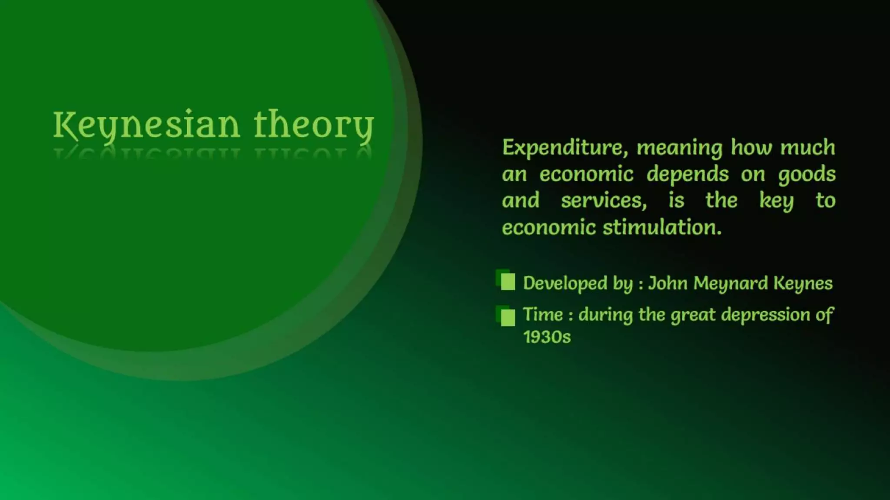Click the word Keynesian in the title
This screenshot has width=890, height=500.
[146, 125]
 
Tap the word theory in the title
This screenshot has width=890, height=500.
[313, 125]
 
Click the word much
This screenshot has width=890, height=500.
[807, 148]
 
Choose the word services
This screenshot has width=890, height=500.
[604, 201]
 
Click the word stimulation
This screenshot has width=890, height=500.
[662, 227]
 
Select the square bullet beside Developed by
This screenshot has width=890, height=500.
[507, 281]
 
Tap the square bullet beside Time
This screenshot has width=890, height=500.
[507, 316]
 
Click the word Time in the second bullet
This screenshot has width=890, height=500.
[543, 315]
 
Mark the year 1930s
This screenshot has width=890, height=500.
[547, 337]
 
